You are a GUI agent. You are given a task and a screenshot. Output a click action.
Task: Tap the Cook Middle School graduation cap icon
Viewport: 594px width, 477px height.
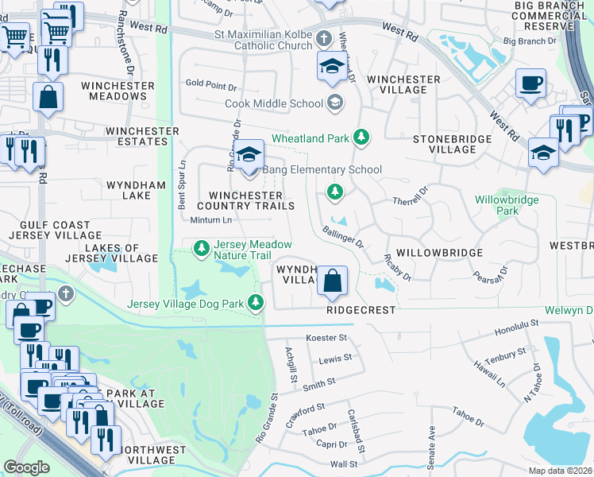point(336,103)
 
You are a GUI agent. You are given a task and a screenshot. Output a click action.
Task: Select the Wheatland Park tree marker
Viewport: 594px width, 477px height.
point(362,138)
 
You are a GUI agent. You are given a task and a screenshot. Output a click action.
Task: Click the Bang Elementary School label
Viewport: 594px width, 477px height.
point(324,169)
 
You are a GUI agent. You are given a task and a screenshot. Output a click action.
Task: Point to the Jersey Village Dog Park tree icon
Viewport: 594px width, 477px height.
point(256,301)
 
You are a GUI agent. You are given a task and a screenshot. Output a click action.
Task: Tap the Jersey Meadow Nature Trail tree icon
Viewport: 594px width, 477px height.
point(202,249)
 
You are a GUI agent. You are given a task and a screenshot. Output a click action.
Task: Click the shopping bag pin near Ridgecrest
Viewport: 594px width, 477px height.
point(333,280)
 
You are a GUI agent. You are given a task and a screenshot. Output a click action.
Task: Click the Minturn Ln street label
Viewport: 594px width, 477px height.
point(211,220)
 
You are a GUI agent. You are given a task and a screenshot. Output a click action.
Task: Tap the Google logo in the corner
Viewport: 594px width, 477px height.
point(26,467)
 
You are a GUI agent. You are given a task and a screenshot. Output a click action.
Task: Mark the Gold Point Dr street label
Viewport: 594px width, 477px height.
point(211,84)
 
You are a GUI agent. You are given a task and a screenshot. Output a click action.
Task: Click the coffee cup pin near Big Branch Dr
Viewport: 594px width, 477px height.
point(530,82)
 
